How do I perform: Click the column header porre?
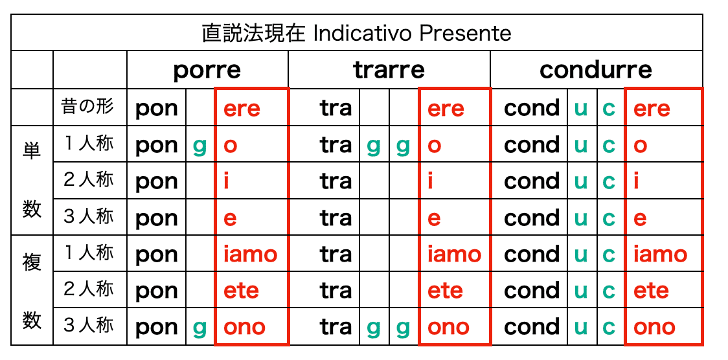point(207,71)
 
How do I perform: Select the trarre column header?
point(389,70)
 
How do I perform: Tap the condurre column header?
point(596,70)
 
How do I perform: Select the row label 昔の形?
point(88,107)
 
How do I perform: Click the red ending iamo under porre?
point(250,254)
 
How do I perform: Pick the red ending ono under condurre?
point(654,327)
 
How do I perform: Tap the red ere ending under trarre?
point(446,109)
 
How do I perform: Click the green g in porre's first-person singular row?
point(199,146)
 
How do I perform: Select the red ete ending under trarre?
point(445,291)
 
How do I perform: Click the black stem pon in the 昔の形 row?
point(157,109)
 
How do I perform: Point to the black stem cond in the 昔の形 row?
point(532,107)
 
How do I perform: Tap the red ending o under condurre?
point(640,146)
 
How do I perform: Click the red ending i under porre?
point(227,181)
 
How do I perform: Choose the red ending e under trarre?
point(434,218)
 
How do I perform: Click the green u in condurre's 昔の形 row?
point(580,109)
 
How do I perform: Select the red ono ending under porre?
point(244,327)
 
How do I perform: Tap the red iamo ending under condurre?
point(660,254)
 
